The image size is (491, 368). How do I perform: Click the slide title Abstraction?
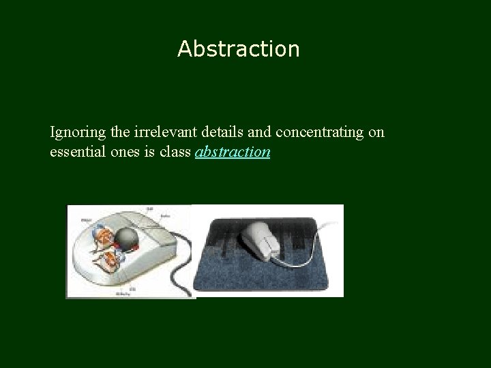pos(238,49)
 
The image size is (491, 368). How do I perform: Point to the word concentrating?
pos(320,132)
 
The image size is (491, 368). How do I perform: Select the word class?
pos(174,151)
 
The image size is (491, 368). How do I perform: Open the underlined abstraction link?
pos(233,151)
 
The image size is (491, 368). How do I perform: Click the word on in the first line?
pos(376,132)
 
